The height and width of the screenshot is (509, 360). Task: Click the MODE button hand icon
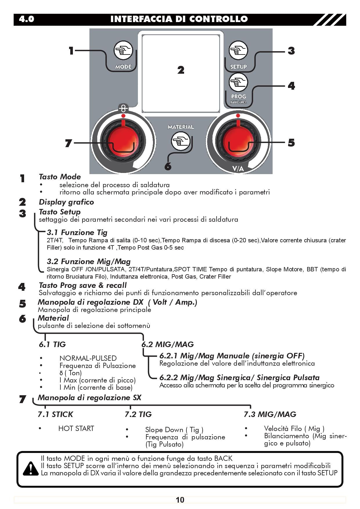point(123,50)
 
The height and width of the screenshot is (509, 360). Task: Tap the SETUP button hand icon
point(238,50)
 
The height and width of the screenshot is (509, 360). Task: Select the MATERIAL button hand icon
point(180,141)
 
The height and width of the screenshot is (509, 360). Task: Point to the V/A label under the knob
point(238,169)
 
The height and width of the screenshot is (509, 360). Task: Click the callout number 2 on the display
point(181,70)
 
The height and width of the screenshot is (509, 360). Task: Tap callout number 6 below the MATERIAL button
point(168,167)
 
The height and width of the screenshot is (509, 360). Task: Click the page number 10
point(180,500)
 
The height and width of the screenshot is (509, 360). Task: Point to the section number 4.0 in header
point(26,19)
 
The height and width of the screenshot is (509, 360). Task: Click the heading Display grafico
point(66,202)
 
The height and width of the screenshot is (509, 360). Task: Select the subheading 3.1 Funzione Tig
point(77,232)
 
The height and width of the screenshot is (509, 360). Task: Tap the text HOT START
point(76,428)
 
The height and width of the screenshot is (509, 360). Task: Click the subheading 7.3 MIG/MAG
point(270,414)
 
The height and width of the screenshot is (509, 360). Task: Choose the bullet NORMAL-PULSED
point(88,358)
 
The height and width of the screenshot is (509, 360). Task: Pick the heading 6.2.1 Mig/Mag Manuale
point(232,356)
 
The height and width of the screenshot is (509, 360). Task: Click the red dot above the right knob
point(238,115)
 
